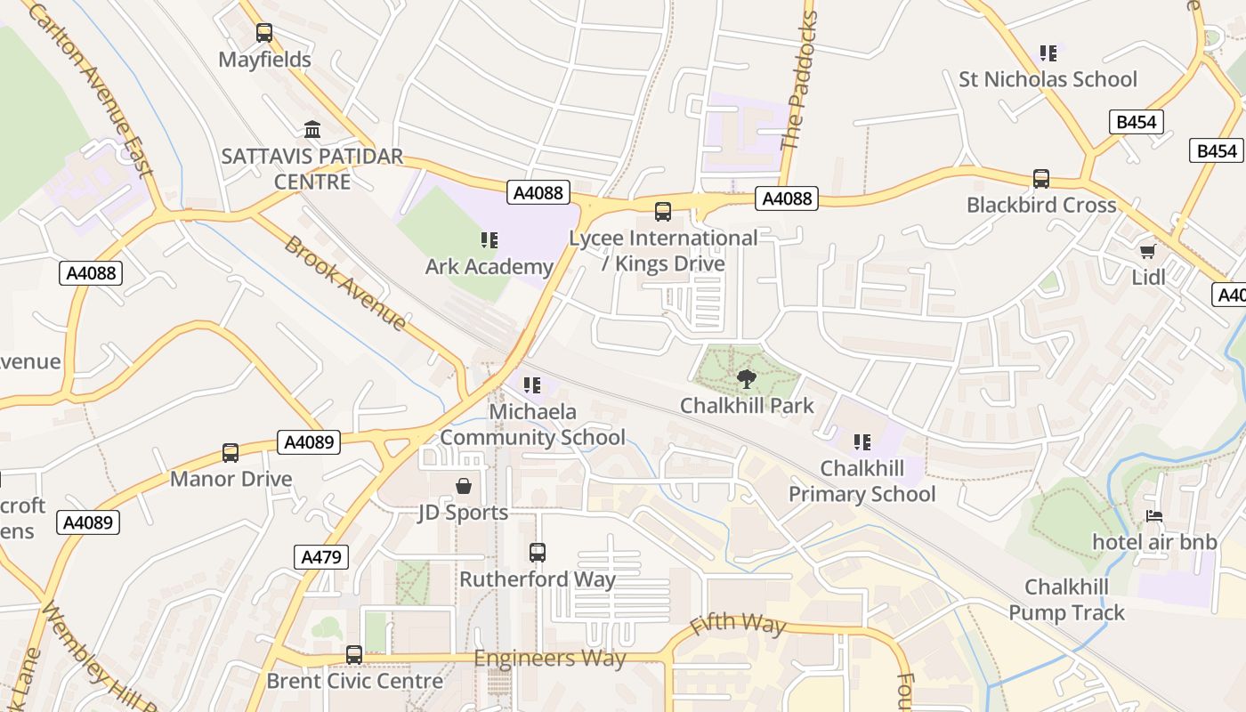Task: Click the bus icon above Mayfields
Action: [264, 33]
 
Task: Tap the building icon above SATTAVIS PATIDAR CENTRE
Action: [312, 130]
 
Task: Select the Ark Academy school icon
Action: [489, 240]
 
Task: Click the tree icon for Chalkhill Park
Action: [747, 379]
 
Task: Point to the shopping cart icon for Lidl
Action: [1148, 251]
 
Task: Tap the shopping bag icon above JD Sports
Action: [464, 486]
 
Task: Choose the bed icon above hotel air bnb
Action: [1154, 516]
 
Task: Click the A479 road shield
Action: [320, 557]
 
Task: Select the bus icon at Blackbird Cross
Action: [1041, 179]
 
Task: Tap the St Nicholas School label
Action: [1048, 79]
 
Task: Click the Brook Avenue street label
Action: [344, 283]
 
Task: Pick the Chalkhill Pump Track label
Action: [1066, 600]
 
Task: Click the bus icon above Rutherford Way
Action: [538, 553]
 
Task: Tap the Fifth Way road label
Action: [738, 624]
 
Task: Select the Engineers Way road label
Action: [549, 659]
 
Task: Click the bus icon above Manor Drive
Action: [231, 453]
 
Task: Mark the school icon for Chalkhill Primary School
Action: [862, 442]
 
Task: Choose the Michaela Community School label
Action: [532, 425]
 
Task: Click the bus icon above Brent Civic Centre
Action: [354, 655]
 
